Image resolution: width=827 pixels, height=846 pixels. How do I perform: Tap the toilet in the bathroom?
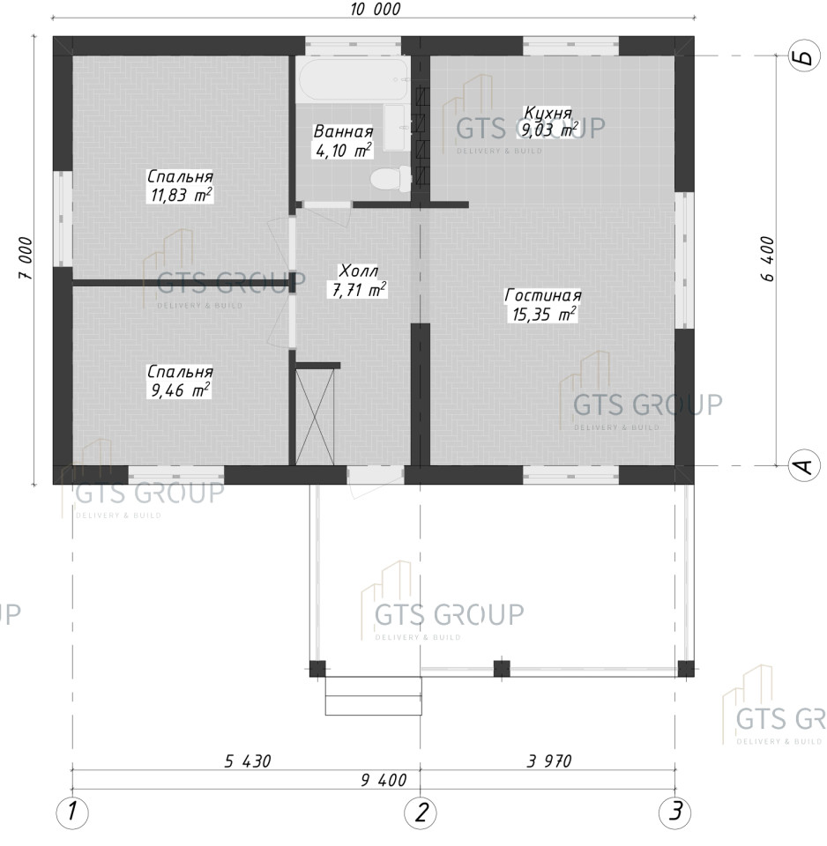coord(391,179)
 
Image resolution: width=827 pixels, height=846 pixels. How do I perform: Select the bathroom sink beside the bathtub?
coord(396,128)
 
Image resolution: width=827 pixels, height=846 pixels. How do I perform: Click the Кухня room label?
coord(548,113)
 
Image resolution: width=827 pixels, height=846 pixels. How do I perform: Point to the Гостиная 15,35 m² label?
coord(542,305)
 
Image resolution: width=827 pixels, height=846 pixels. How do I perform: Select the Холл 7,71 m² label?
coord(359,280)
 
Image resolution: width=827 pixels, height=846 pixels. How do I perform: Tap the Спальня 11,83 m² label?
coord(180,186)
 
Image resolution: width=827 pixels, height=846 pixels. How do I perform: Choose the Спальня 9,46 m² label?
coord(180,381)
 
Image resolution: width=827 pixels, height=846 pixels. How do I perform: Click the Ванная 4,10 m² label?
coord(343,141)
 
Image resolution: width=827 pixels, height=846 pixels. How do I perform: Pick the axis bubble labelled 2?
coord(421,811)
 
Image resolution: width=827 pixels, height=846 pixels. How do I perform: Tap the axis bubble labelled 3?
coord(674,811)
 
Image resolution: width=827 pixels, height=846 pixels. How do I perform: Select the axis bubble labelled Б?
coord(804,56)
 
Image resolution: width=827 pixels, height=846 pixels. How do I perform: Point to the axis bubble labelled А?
coord(804,465)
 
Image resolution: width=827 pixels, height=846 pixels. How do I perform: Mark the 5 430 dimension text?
coord(248,761)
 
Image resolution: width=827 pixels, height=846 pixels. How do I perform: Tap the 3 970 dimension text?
coord(549,761)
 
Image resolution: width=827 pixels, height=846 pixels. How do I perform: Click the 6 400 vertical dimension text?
coord(767,259)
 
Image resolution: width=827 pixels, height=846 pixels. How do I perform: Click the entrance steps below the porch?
coord(373,696)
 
